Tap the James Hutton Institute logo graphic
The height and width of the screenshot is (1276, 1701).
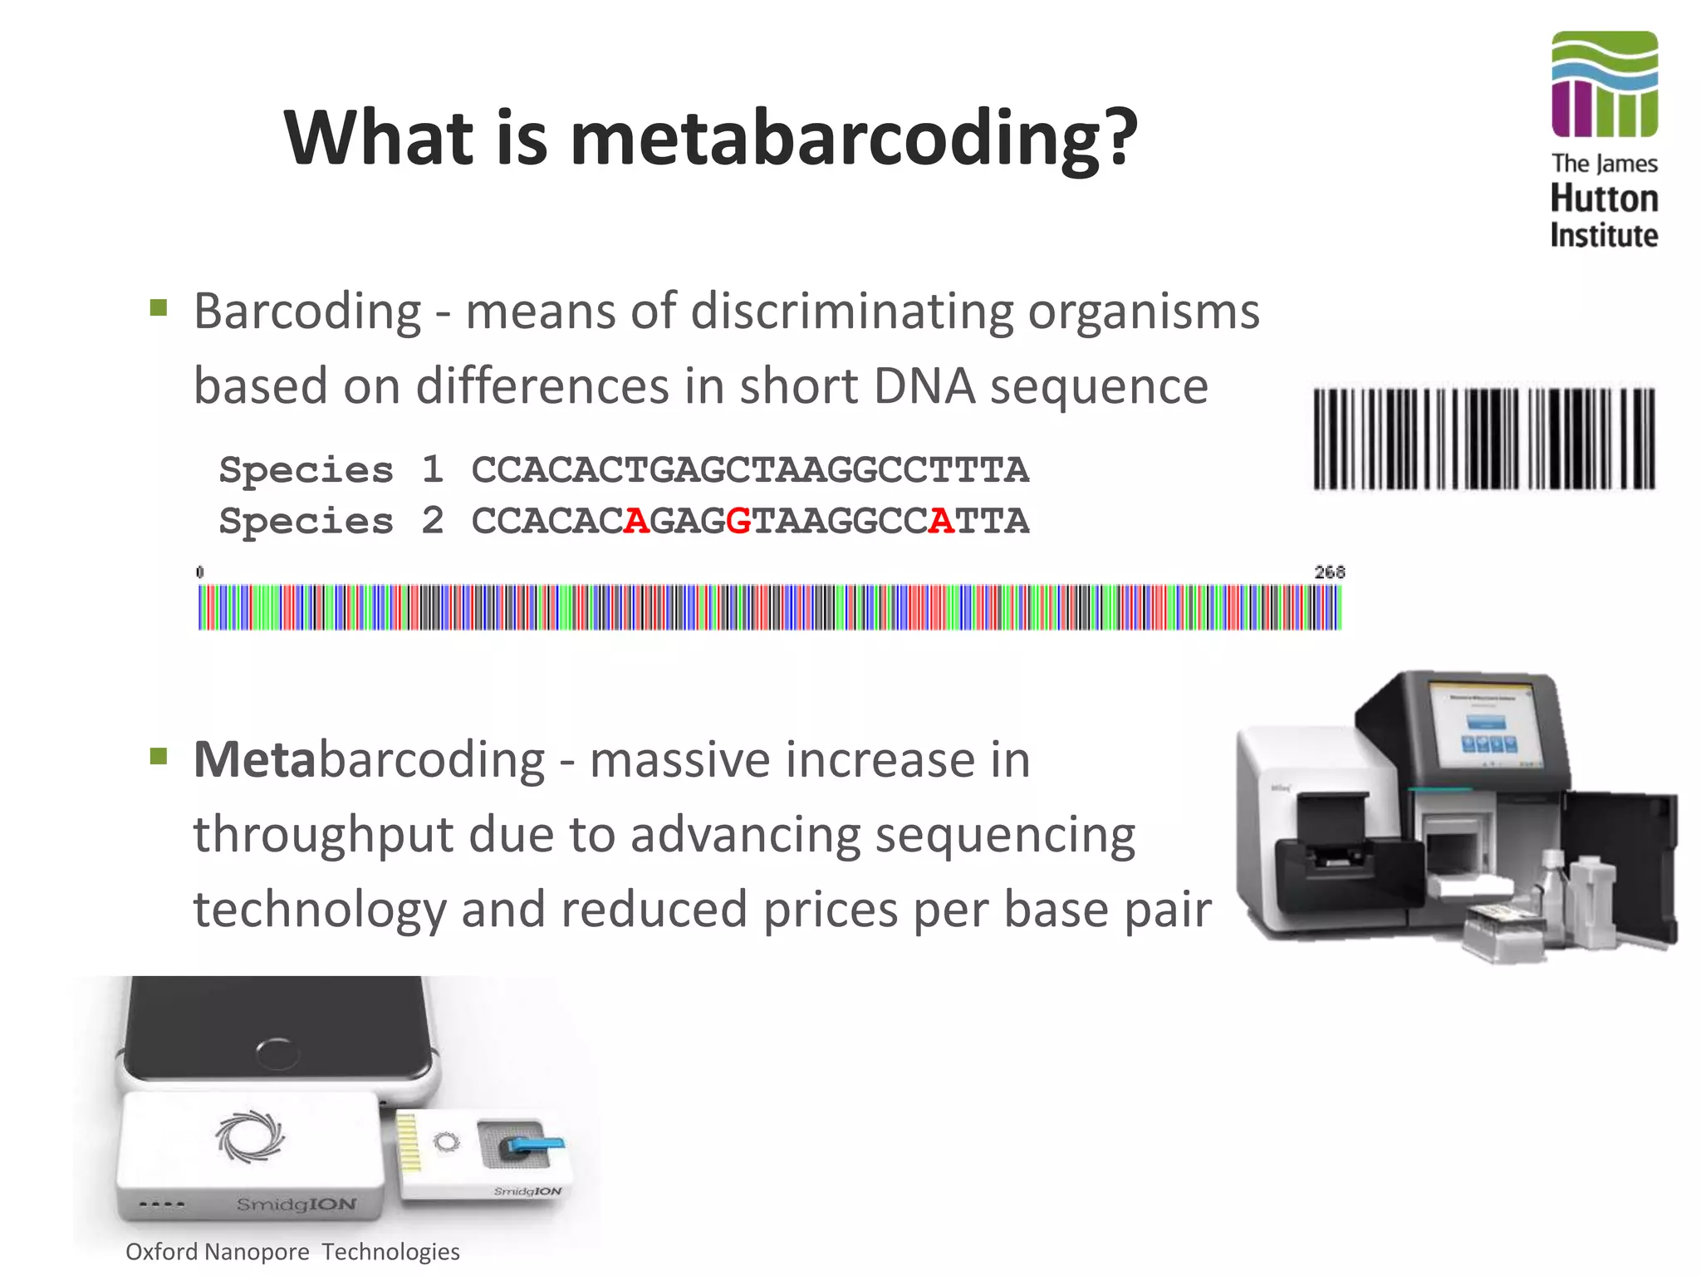coord(1604,84)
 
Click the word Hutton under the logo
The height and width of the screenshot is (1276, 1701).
coord(1604,199)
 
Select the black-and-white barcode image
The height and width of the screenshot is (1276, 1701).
coord(1483,439)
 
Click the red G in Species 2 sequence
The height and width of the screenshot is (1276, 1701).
coord(738,522)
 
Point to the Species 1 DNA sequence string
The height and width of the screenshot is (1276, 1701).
coord(749,470)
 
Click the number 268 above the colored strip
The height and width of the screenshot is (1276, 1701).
coord(1329,572)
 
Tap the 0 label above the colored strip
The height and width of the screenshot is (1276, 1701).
coord(199,572)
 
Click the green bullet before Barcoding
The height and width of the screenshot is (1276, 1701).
coord(159,308)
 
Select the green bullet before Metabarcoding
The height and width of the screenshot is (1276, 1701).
coord(159,757)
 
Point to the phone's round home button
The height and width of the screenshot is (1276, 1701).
coord(276,1054)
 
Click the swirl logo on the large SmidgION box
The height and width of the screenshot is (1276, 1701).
coord(250,1136)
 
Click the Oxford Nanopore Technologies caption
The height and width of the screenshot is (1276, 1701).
coord(292,1251)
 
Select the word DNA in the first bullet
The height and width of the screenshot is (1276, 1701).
coord(924,386)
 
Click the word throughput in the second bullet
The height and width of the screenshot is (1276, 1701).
coord(323,835)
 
